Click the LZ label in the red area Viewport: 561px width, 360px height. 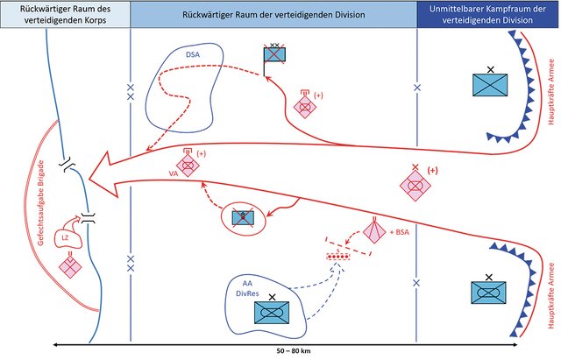[x=64, y=237]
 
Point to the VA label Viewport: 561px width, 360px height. [x=174, y=174]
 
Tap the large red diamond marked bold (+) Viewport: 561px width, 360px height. [x=416, y=186]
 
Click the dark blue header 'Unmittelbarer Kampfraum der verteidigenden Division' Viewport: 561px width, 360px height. [x=488, y=14]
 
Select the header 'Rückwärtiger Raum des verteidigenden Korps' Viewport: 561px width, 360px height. [x=65, y=14]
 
